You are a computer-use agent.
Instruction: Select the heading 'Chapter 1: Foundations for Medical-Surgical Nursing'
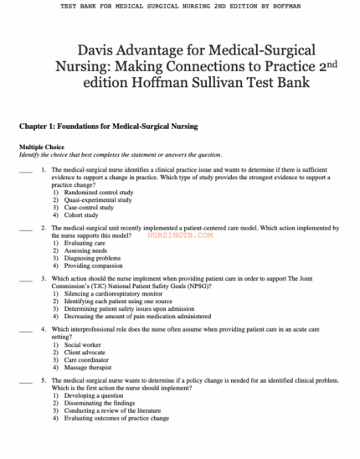[108, 126]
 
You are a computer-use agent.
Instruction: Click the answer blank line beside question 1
[25, 170]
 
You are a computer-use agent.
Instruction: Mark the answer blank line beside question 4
[25, 329]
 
